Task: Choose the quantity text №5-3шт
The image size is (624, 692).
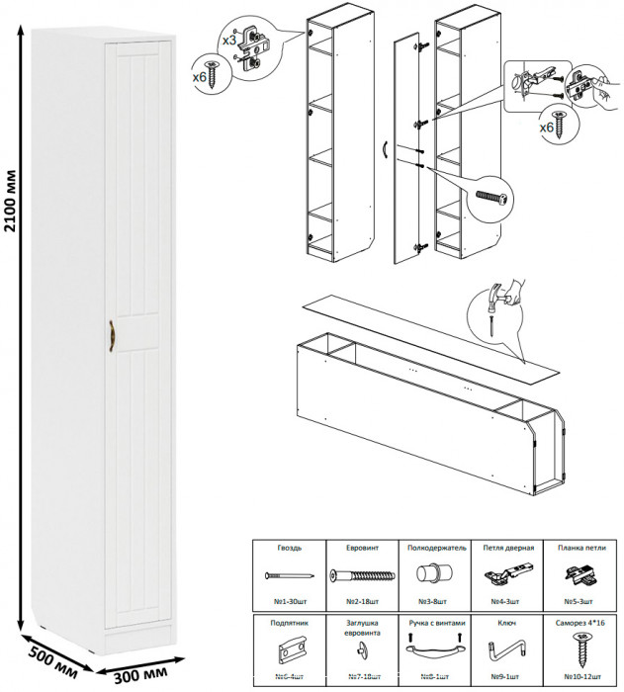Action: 579,600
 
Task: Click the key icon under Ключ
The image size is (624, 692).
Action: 505,652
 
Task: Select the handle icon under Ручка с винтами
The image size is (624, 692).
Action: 433,650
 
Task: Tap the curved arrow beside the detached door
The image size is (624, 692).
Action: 386,150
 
